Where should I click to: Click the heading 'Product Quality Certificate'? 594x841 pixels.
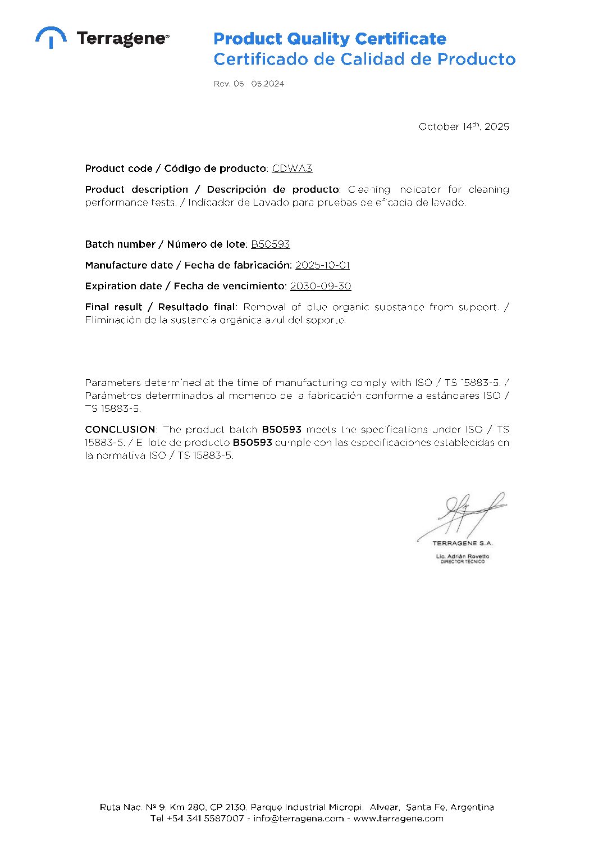click(330, 39)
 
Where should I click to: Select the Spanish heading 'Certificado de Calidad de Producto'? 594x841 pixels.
click(364, 59)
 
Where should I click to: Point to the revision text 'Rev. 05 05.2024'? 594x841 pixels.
click(249, 84)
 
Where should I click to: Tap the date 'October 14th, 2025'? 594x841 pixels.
click(464, 126)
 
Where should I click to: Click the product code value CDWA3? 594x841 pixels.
click(292, 169)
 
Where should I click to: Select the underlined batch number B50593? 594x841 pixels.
click(270, 244)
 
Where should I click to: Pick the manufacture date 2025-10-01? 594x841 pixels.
click(322, 265)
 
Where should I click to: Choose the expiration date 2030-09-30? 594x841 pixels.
click(320, 286)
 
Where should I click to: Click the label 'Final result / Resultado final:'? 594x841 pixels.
click(161, 307)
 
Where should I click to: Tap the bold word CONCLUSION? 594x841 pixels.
click(120, 429)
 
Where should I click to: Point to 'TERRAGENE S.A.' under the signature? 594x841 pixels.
click(462, 543)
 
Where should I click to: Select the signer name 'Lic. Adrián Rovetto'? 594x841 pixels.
click(462, 556)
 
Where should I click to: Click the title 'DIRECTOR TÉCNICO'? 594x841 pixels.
click(462, 562)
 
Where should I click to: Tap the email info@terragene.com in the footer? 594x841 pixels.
click(298, 819)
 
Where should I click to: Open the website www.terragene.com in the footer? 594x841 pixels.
click(398, 819)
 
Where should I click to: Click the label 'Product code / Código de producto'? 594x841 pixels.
click(176, 169)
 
